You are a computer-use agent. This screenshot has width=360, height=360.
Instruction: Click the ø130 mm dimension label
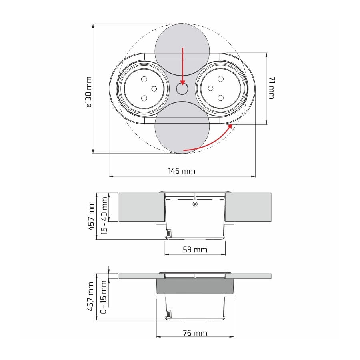click(x=89, y=92)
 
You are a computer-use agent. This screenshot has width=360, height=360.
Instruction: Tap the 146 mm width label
click(x=182, y=171)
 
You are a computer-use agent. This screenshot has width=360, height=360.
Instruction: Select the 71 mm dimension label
click(x=271, y=88)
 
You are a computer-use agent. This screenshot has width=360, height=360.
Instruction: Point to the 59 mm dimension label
click(x=195, y=250)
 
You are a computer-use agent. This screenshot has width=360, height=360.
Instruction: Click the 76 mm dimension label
click(x=195, y=333)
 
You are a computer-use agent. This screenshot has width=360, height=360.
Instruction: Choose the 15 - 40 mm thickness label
click(x=104, y=215)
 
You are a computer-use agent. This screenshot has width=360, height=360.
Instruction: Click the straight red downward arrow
click(x=182, y=66)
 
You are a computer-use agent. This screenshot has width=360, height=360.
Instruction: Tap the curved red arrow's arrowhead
click(x=230, y=126)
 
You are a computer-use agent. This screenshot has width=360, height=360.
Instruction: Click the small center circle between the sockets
click(x=182, y=89)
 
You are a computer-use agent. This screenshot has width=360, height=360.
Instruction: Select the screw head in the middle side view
click(x=195, y=204)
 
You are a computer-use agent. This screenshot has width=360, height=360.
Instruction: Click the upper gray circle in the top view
click(x=182, y=50)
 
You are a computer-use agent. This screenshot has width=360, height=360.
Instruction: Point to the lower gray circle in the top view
click(x=182, y=128)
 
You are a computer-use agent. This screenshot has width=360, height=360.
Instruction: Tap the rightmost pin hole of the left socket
click(x=154, y=89)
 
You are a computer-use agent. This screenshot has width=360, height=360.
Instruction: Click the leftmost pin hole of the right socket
click(x=210, y=88)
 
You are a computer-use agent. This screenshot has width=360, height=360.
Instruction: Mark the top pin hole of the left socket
click(x=144, y=79)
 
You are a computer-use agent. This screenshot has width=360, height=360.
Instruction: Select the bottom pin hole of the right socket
click(x=220, y=98)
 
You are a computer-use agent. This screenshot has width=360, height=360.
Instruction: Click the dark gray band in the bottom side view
click(x=195, y=286)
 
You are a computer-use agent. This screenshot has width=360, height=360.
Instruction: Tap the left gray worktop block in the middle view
click(x=142, y=207)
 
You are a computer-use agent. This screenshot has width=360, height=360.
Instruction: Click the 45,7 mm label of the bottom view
click(x=90, y=297)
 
